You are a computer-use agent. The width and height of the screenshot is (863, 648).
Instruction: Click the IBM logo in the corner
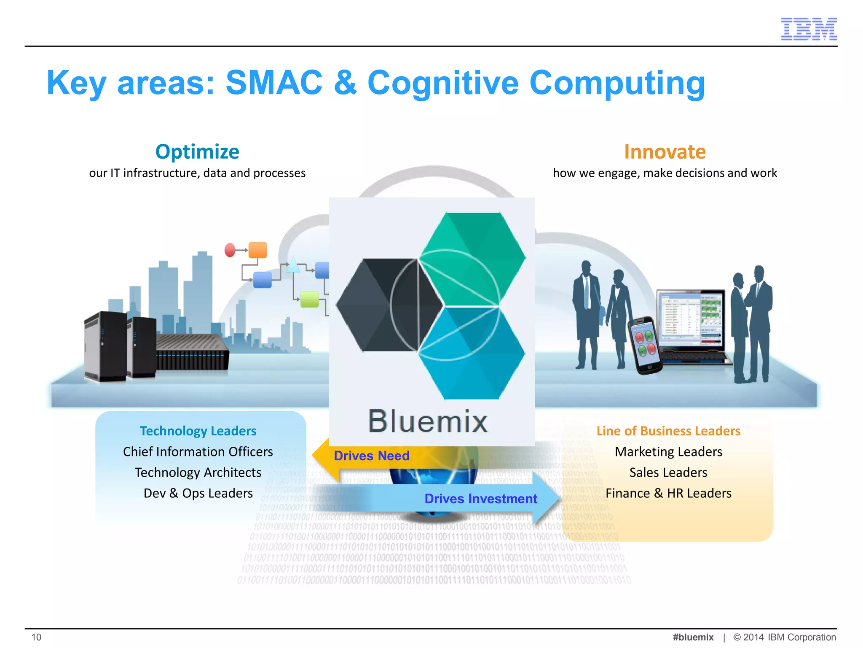[809, 29]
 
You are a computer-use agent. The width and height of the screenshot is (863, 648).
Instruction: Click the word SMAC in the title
[274, 83]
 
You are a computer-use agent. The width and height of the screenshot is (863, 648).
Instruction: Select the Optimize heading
[197, 151]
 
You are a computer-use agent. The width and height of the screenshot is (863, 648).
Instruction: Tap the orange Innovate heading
[665, 151]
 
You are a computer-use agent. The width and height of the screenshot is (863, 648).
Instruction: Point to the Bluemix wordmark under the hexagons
[428, 421]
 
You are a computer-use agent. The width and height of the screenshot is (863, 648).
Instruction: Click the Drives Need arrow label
[371, 456]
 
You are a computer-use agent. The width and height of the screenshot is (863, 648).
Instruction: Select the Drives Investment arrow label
[480, 499]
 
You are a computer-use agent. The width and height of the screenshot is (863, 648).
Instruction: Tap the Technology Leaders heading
[198, 431]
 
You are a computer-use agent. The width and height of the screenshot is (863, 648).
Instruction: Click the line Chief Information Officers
[198, 451]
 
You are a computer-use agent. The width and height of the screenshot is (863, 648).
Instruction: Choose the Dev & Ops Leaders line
[198, 493]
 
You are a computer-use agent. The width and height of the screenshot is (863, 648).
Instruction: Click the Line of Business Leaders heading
[668, 431]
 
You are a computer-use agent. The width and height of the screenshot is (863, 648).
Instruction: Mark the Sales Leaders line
[668, 472]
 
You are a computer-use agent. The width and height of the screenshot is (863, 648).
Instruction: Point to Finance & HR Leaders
[668, 493]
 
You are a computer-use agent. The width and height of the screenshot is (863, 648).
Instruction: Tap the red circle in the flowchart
[230, 250]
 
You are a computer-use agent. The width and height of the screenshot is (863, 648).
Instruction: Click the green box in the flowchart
[310, 299]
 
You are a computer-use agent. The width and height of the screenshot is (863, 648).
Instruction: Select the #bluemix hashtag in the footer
[693, 637]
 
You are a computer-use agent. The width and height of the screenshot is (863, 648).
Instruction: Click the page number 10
[37, 637]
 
